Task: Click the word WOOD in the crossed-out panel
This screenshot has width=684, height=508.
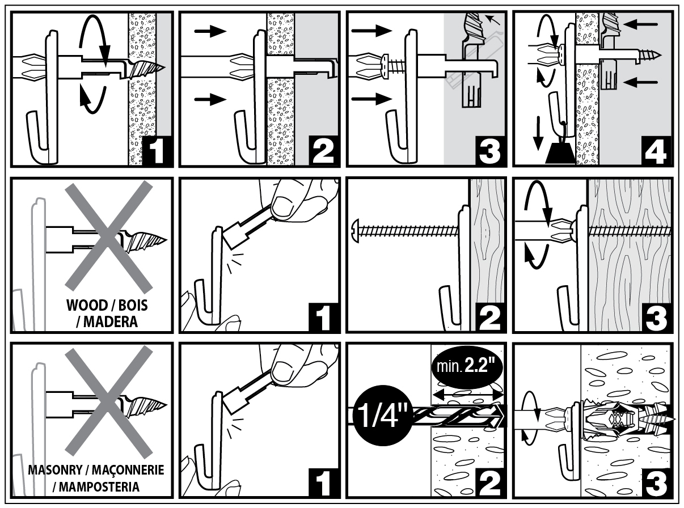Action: tap(85, 306)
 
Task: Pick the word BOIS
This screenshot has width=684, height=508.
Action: tap(135, 306)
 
